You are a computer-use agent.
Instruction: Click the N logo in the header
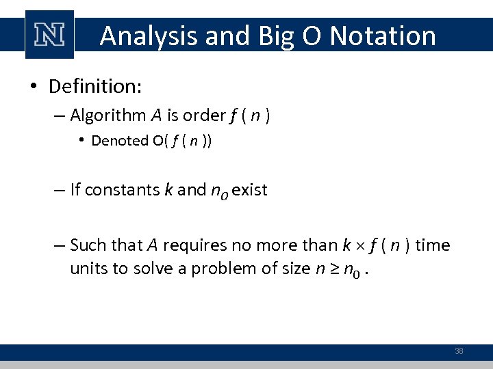[x=49, y=35]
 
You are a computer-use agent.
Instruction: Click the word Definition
[x=94, y=87]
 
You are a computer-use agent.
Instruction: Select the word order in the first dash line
[x=203, y=115]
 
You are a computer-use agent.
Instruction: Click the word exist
[x=249, y=190]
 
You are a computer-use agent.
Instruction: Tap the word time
[x=433, y=245]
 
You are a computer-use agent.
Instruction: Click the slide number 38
[x=459, y=351]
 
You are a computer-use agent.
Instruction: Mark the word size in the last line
[x=296, y=269]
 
